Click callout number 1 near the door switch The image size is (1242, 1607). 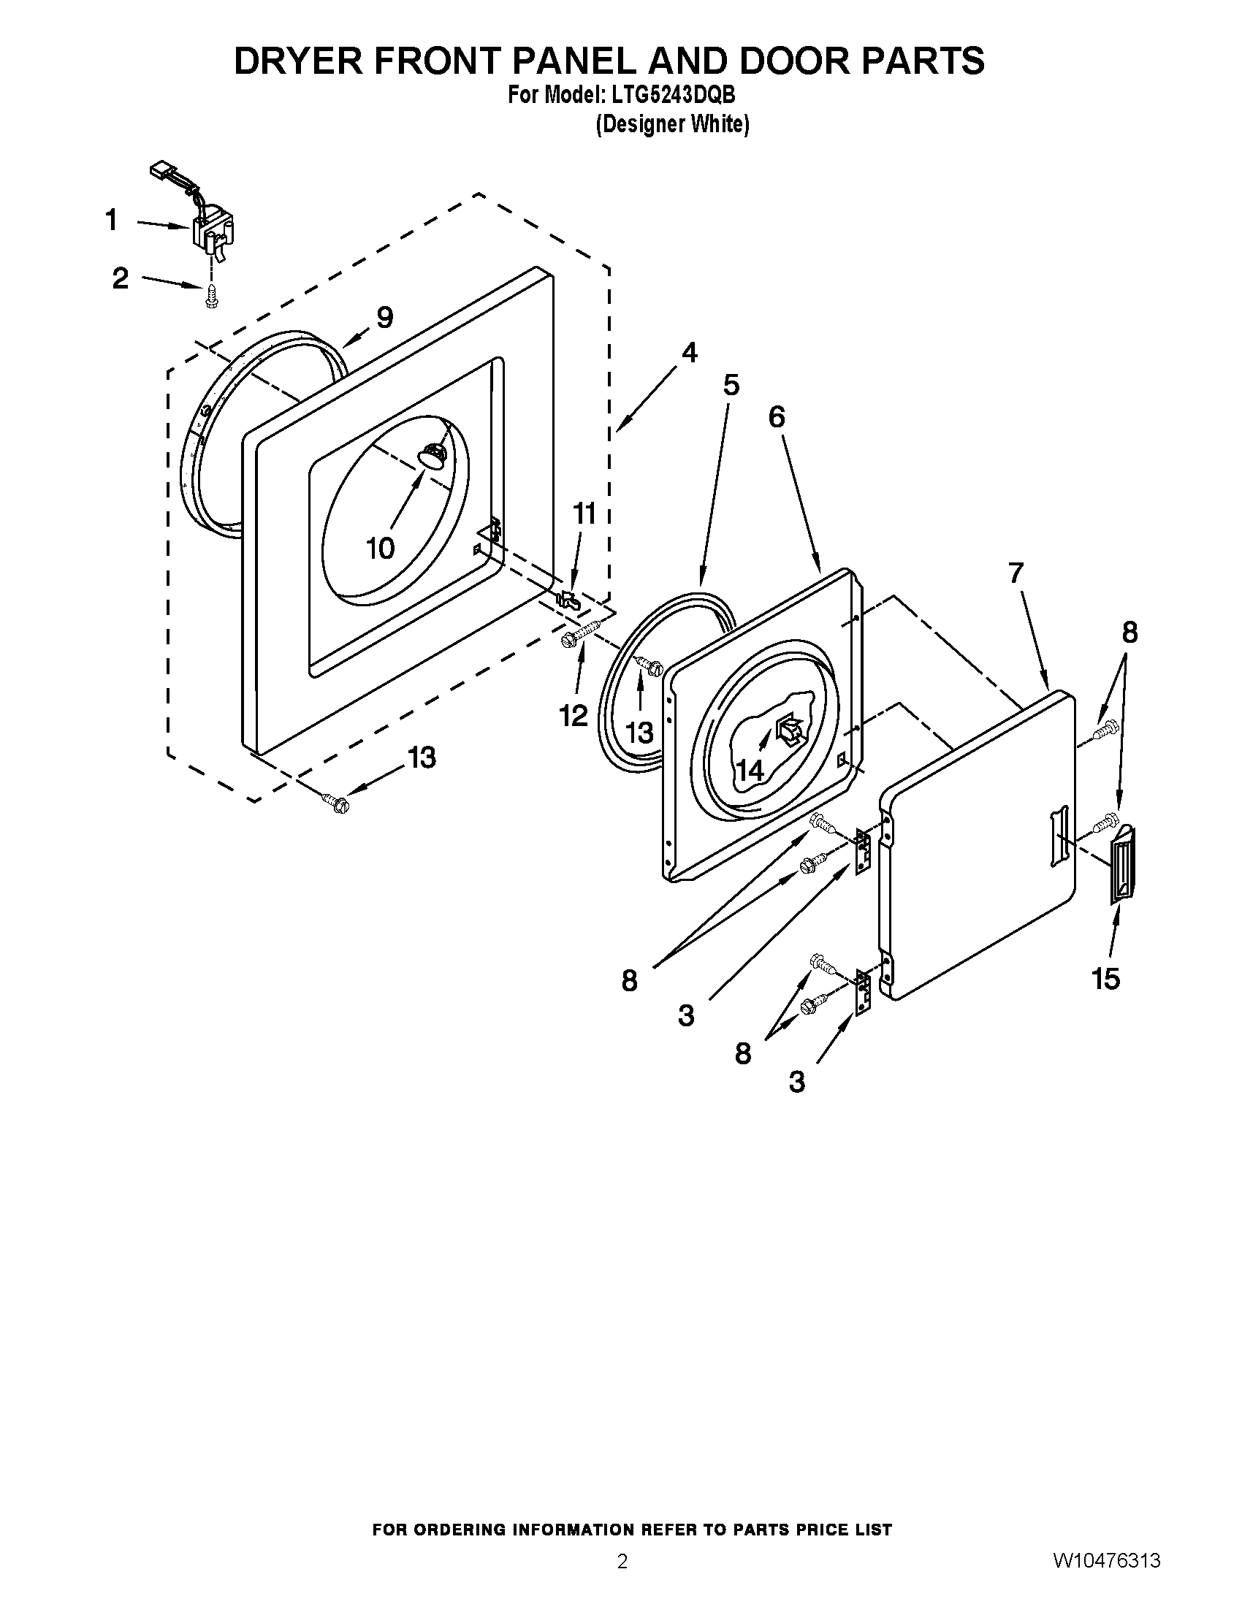pyautogui.click(x=111, y=220)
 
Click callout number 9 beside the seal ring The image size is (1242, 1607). pyautogui.click(x=384, y=317)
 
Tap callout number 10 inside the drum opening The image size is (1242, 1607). pyautogui.click(x=381, y=547)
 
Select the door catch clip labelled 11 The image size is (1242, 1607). pyautogui.click(x=568, y=598)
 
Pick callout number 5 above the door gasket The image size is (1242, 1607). pyautogui.click(x=731, y=385)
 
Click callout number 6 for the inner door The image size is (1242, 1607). pyautogui.click(x=776, y=417)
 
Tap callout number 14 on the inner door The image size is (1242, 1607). pyautogui.click(x=750, y=771)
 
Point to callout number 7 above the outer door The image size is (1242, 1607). pyautogui.click(x=1016, y=573)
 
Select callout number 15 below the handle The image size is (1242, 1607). pyautogui.click(x=1106, y=979)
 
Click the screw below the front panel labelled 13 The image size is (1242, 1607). pyautogui.click(x=338, y=804)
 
